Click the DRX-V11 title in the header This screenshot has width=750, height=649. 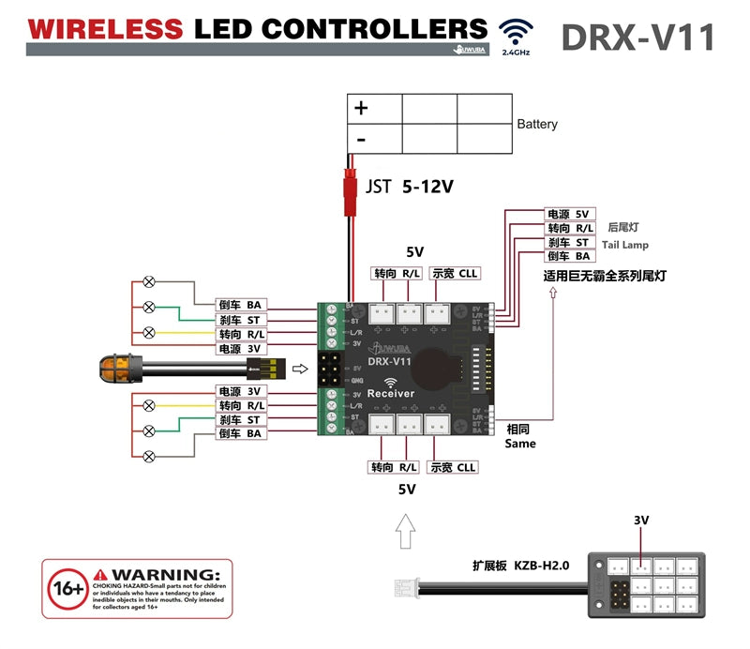pos(637,38)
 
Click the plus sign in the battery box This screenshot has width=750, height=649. pos(361,108)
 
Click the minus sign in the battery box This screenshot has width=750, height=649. pos(360,139)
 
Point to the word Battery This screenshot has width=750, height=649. pos(537,124)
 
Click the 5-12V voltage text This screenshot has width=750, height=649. pos(427,187)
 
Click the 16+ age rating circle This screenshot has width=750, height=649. pos(66,587)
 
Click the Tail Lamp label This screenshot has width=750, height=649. pos(624,245)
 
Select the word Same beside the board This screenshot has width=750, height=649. pos(519,443)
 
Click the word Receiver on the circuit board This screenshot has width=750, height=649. pos(391,394)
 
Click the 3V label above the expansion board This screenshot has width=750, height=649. pos(641,520)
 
